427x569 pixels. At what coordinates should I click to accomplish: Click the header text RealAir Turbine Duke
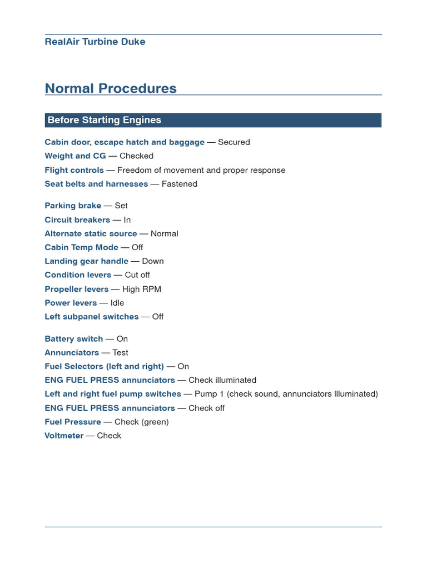pos(95,42)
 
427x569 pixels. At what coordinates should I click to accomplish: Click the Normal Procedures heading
pos(111,88)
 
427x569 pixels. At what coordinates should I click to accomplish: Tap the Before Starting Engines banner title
pos(105,120)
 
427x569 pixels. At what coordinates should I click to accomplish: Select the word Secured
pos(234,142)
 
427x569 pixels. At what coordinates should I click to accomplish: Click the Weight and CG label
pos(75,156)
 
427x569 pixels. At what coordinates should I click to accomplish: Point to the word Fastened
pos(179,184)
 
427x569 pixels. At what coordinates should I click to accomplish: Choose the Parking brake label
pos(73,206)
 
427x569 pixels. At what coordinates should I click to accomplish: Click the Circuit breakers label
pos(77,219)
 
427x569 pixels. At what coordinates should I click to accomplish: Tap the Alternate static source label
pos(91,233)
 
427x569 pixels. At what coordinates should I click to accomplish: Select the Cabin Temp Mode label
pos(81,247)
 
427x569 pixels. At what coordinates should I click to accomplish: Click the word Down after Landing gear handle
pos(153,261)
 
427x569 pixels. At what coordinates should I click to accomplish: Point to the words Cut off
pos(137,275)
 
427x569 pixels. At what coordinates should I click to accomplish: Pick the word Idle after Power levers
pos(117,303)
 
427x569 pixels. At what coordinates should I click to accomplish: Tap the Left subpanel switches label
pos(92,317)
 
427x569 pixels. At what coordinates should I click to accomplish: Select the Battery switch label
pos(74,339)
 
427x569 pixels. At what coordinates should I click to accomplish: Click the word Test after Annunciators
pos(120,353)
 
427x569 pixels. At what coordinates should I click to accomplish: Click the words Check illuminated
pos(222,381)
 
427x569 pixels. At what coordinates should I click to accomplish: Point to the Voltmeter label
pos(64,436)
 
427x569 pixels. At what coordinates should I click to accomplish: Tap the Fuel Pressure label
pos(73,422)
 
